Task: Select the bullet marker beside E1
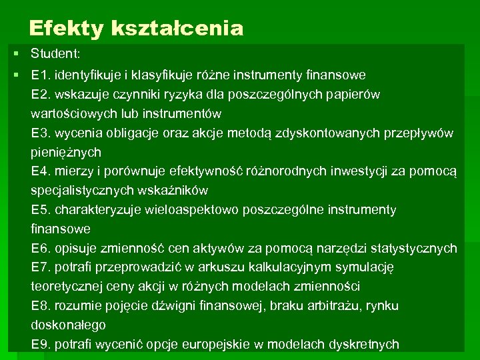(15, 75)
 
